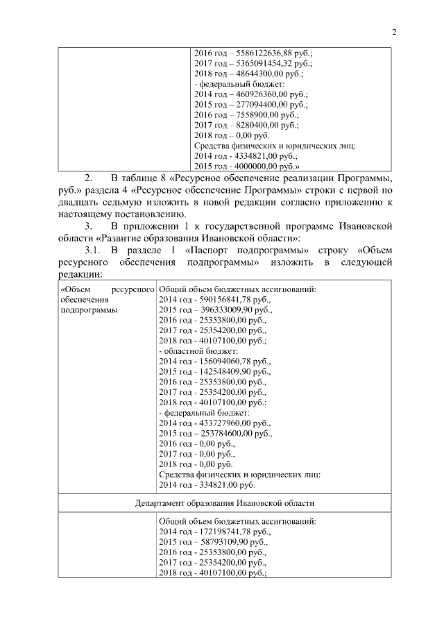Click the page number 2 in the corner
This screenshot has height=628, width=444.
tap(393, 32)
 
